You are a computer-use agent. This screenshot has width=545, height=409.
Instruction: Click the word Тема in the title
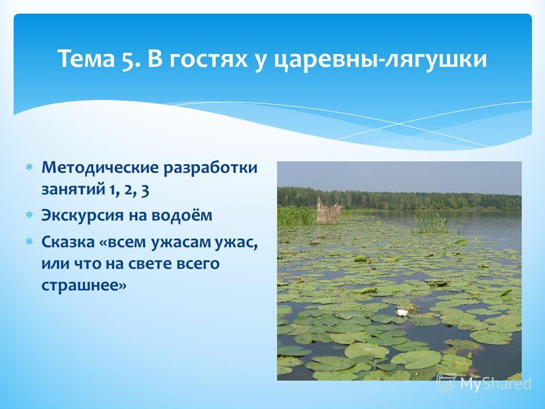[86, 58]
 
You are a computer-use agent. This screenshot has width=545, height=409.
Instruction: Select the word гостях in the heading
[208, 59]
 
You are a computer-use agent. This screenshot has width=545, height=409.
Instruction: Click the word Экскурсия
[82, 216]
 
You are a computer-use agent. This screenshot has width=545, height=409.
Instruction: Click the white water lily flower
[402, 312]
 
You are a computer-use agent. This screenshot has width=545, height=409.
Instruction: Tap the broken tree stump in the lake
[329, 211]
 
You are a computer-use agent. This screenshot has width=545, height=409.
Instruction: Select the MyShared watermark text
[496, 383]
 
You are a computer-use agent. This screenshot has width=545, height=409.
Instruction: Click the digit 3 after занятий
[145, 191]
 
